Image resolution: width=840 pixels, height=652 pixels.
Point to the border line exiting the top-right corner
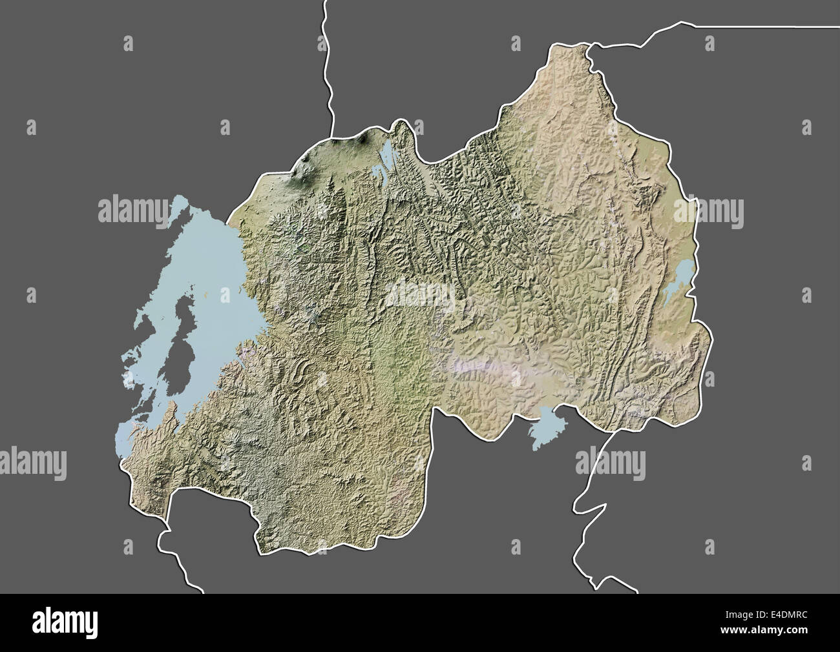coord(775,26)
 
